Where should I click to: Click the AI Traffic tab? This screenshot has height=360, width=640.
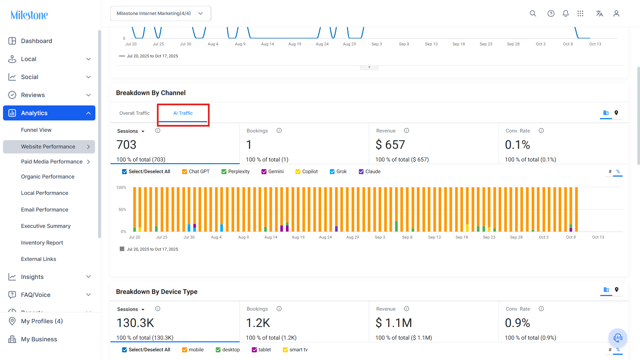pyautogui.click(x=183, y=113)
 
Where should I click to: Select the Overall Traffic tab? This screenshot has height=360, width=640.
pyautogui.click(x=134, y=113)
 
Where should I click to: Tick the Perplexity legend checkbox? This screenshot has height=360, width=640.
pyautogui.click(x=224, y=172)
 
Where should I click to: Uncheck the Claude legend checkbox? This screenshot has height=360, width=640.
pyautogui.click(x=361, y=172)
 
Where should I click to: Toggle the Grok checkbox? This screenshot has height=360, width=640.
pyautogui.click(x=332, y=172)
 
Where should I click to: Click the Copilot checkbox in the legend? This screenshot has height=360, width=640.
pyautogui.click(x=298, y=172)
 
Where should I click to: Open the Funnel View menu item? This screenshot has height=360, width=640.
pyautogui.click(x=36, y=130)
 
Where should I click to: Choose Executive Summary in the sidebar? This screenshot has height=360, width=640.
pyautogui.click(x=46, y=226)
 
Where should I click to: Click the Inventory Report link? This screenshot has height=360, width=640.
pyautogui.click(x=42, y=243)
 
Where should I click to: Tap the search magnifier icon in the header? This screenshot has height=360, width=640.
pyautogui.click(x=533, y=14)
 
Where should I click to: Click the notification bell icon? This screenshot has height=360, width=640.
pyautogui.click(x=566, y=14)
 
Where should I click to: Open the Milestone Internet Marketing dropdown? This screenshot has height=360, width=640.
pyautogui.click(x=160, y=14)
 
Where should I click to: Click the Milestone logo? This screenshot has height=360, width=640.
pyautogui.click(x=29, y=15)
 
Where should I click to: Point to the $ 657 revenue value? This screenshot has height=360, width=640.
pyautogui.click(x=390, y=145)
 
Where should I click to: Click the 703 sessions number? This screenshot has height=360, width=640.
pyautogui.click(x=126, y=145)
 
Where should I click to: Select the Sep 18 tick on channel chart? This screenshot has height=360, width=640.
pyautogui.click(x=462, y=237)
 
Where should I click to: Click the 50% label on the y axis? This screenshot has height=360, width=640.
pyautogui.click(x=122, y=210)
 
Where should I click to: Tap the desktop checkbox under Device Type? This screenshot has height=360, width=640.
pyautogui.click(x=218, y=350)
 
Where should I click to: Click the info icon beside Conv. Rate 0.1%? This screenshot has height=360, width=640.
pyautogui.click(x=541, y=131)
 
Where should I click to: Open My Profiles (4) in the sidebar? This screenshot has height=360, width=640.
pyautogui.click(x=42, y=321)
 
